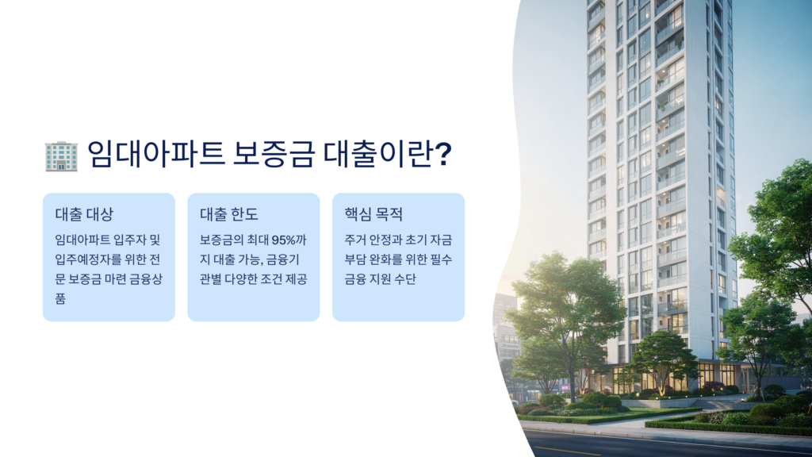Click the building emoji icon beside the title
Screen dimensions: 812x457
(x=61, y=156)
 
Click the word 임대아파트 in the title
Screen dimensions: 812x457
(x=155, y=154)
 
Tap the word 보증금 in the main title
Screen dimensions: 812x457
(x=274, y=154)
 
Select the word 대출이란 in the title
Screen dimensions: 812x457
(x=377, y=154)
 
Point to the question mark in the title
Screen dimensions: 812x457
(x=442, y=154)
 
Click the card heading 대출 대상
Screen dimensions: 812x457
(x=84, y=214)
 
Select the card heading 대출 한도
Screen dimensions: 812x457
(x=229, y=214)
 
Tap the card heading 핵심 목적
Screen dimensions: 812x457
(x=373, y=214)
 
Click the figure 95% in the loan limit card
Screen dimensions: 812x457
(x=283, y=240)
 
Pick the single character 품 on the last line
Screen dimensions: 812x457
(x=60, y=298)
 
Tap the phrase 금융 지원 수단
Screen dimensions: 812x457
(x=380, y=278)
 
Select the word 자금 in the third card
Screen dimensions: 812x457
(x=441, y=240)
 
